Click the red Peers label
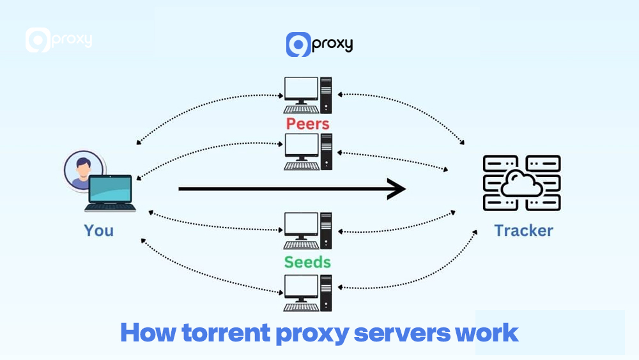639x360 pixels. (308, 123)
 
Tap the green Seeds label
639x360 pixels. (308, 262)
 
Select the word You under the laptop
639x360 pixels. (98, 230)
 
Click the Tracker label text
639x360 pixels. (523, 230)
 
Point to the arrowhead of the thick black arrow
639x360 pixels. (397, 189)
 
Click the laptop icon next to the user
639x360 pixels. (110, 194)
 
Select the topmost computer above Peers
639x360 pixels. (308, 95)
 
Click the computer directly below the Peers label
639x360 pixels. (308, 151)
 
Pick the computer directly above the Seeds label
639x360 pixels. (308, 231)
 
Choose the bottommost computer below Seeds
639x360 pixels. (308, 293)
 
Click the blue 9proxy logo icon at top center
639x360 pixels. (298, 45)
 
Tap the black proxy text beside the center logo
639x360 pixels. (332, 44)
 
